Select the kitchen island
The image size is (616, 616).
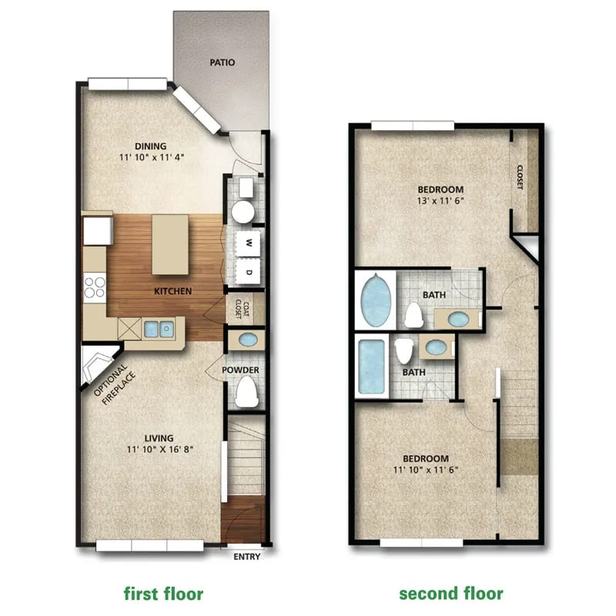click(172, 244)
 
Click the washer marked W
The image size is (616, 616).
click(249, 243)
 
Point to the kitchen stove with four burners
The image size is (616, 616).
click(95, 287)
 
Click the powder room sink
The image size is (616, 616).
click(248, 340)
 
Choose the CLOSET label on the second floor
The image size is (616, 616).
click(520, 179)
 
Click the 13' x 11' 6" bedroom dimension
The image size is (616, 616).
click(440, 202)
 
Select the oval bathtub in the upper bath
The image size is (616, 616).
click(376, 300)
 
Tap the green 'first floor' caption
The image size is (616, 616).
click(164, 594)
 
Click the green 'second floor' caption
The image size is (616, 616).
click(450, 594)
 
